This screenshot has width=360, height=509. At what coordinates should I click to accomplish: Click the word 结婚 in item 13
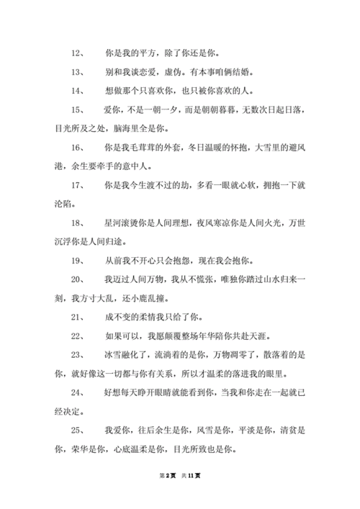247,72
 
